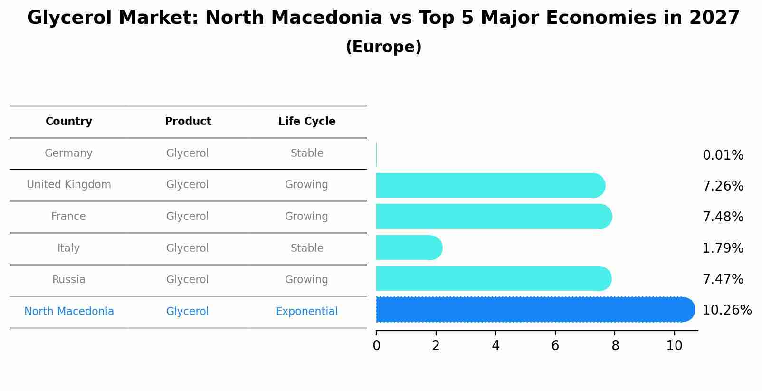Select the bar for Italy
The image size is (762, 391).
409,248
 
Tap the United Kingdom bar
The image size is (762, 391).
489,185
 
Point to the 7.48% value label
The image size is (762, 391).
723,217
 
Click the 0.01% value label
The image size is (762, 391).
723,155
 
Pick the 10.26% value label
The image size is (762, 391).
726,310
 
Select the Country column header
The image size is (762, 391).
69,122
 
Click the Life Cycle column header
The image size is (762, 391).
307,122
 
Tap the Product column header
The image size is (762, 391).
188,122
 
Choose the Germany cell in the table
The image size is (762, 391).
68,153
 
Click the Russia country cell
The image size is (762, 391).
68,279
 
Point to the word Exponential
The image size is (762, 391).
306,312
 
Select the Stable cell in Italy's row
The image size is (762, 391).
307,248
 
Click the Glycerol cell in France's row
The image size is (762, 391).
187,217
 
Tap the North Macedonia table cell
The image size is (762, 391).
69,312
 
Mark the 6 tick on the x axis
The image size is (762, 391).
555,346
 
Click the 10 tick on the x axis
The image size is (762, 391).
674,346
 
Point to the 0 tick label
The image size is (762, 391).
376,346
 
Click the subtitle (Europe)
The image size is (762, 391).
383,47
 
